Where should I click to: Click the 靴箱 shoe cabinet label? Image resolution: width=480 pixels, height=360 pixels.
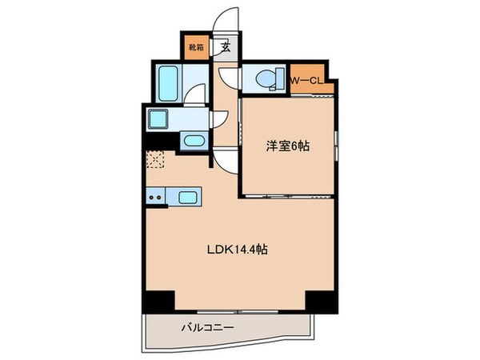pyautogui.click(x=197, y=47)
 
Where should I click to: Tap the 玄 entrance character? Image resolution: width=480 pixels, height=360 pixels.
pyautogui.click(x=226, y=47)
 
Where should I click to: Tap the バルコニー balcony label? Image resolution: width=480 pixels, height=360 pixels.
pyautogui.click(x=206, y=327)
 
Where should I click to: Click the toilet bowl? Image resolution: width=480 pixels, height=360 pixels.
pyautogui.click(x=265, y=79)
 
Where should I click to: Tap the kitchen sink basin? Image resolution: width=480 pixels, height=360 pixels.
pyautogui.click(x=189, y=198)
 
